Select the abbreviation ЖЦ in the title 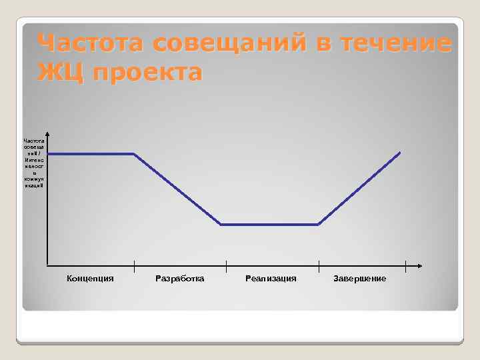click(x=61, y=71)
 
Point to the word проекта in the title click(x=147, y=73)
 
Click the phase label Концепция click(x=91, y=278)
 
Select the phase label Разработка click(x=180, y=278)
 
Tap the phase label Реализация click(x=271, y=278)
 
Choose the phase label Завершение click(x=359, y=278)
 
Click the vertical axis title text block click(x=33, y=163)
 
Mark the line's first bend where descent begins click(x=135, y=154)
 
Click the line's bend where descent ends click(x=221, y=225)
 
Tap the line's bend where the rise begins click(x=319, y=225)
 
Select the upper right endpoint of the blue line click(x=400, y=153)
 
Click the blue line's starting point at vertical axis click(x=49, y=154)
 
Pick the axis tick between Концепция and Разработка click(x=135, y=265)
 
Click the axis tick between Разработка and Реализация click(x=226, y=265)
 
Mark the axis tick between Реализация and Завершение click(x=319, y=265)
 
